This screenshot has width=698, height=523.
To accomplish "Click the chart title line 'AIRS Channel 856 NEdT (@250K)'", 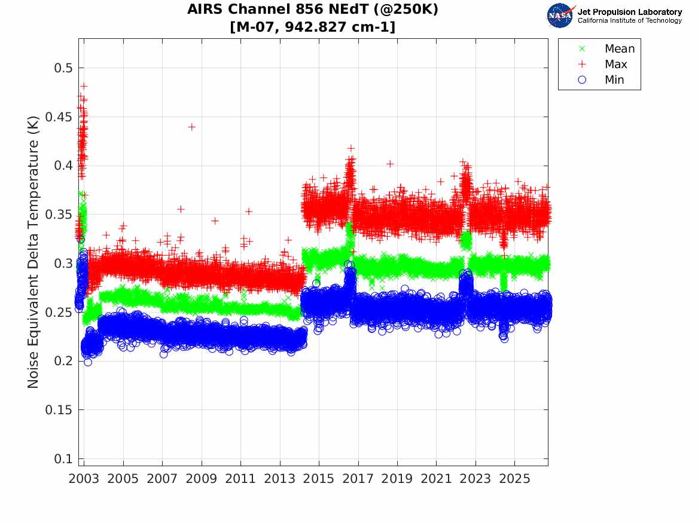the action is (312, 10).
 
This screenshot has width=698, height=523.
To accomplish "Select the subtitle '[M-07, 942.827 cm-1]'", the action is (312, 27).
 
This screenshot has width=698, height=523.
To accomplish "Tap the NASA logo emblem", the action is (560, 16).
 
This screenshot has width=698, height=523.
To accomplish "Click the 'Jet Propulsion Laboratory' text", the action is (629, 12).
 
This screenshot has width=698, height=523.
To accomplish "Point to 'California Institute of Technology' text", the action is (629, 20).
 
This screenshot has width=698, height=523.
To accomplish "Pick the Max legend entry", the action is (603, 64).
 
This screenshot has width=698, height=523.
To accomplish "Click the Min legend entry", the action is (602, 79).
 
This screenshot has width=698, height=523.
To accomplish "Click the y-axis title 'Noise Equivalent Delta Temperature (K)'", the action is (33, 252).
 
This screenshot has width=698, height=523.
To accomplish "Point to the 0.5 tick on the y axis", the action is (63, 68).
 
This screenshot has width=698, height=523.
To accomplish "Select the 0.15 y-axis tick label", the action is (58, 409).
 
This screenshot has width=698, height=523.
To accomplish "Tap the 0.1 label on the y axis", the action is (63, 458).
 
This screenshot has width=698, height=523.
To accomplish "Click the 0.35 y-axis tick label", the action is (58, 215).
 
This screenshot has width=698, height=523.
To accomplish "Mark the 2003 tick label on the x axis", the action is (84, 479).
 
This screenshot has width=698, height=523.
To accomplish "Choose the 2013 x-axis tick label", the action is (279, 479).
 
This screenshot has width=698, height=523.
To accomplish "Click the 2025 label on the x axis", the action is (514, 479).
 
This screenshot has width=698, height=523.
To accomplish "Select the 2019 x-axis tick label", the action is (397, 479).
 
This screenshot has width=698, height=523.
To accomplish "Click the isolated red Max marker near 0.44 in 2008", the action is (191, 127).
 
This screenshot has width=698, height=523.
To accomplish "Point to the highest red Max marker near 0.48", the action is (84, 86).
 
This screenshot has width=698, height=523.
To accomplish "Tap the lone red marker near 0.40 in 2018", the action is (390, 164).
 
